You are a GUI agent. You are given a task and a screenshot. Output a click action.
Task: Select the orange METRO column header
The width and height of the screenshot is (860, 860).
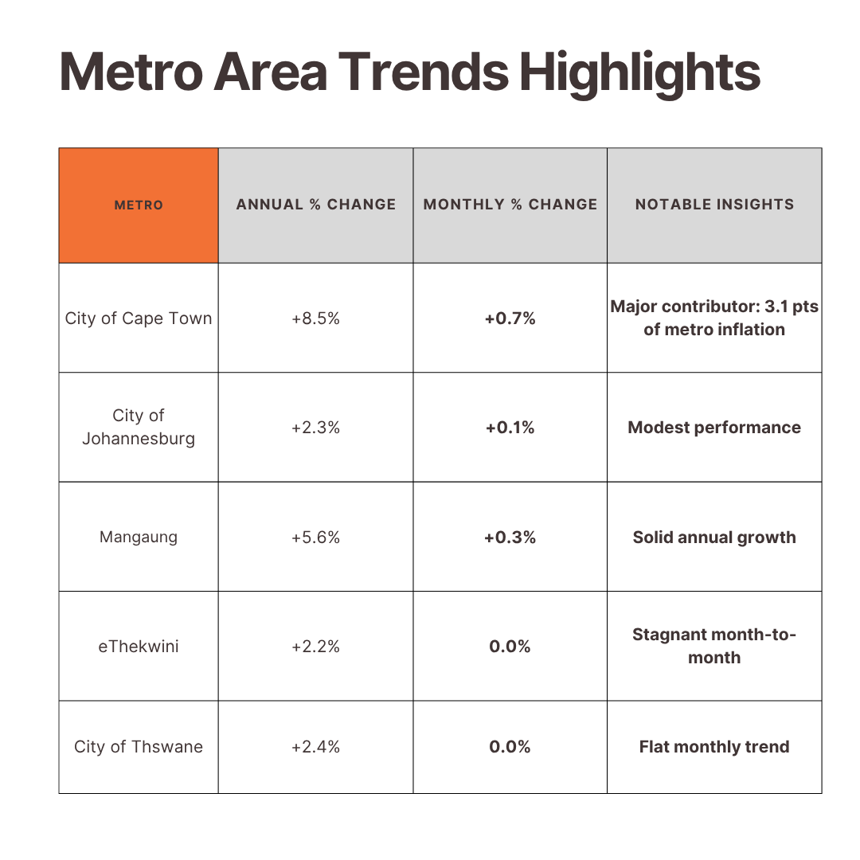click(x=139, y=205)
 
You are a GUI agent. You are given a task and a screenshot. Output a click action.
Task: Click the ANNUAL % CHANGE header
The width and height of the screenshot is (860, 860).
click(x=316, y=205)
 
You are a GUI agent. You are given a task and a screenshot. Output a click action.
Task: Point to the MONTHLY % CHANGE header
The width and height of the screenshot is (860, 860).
click(x=510, y=205)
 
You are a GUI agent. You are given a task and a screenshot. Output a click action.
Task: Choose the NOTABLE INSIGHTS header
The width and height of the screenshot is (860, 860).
click(x=714, y=205)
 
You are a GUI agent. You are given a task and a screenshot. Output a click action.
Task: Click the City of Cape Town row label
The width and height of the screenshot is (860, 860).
click(x=139, y=319)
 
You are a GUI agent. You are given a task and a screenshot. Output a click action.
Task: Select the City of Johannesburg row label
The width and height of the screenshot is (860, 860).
click(x=139, y=427)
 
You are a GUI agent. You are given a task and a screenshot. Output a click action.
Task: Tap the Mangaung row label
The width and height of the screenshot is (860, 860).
click(x=139, y=537)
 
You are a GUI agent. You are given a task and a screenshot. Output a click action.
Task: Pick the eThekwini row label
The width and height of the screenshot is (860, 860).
click(x=139, y=647)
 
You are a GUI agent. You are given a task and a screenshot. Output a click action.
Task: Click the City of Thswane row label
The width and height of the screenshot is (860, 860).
click(x=139, y=747)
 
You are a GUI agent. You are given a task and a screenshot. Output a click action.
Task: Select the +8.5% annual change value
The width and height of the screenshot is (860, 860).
click(x=315, y=319)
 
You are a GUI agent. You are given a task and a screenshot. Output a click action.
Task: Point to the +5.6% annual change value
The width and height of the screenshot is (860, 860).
click(x=315, y=537)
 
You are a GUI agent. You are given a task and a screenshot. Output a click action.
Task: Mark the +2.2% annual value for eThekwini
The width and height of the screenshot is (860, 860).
click(x=315, y=647)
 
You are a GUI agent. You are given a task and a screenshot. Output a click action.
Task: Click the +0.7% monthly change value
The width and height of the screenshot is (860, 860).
click(x=510, y=319)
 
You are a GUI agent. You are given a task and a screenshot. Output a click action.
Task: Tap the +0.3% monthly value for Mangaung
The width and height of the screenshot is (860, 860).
click(x=510, y=537)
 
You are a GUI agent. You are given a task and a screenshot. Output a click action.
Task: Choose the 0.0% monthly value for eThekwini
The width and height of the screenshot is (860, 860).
click(x=510, y=647)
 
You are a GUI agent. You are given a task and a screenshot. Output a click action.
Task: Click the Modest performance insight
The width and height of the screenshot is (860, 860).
click(x=714, y=428)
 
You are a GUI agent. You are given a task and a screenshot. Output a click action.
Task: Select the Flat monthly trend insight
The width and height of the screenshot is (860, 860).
click(x=714, y=747)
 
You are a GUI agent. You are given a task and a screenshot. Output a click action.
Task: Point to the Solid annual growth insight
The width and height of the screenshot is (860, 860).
click(x=714, y=537)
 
